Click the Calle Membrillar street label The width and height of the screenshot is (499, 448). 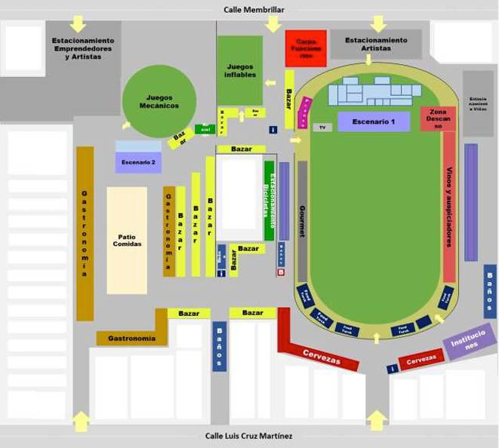pos(253,10)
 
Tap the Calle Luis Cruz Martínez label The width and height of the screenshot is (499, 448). pos(248,436)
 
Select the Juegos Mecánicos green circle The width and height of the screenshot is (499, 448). pos(159,101)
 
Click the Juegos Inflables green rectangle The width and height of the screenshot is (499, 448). pos(240,70)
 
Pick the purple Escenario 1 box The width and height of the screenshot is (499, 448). pos(374,121)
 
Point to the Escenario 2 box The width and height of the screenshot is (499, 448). pos(138,161)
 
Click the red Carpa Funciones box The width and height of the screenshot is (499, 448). pos(306,48)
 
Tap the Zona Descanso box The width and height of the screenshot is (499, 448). pos(438,119)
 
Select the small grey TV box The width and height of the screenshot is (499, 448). pos(322,127)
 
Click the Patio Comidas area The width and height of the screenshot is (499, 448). pos(127,240)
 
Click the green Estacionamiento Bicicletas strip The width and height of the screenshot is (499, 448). pos(269,201)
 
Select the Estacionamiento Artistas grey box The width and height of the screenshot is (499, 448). pos(376,44)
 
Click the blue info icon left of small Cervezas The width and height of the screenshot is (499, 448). pos(392,369)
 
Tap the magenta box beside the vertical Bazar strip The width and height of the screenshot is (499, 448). pos(303,112)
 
